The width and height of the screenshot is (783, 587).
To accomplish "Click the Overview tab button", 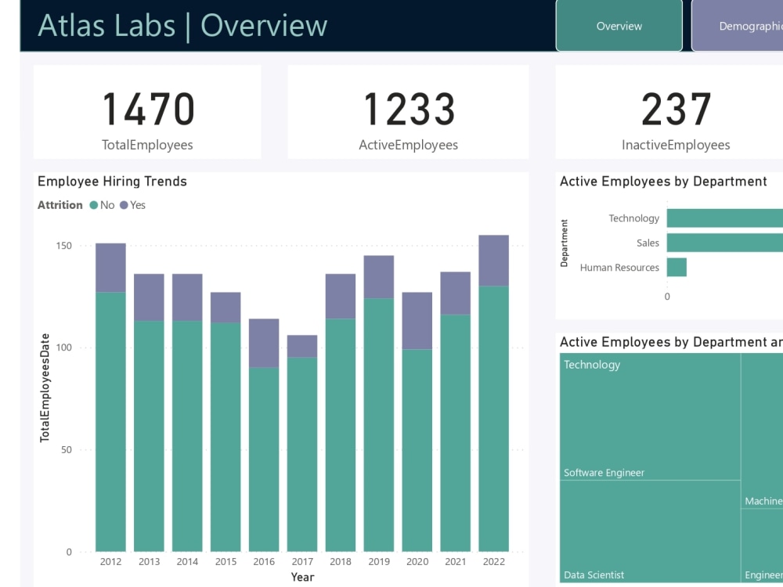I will (x=619, y=26).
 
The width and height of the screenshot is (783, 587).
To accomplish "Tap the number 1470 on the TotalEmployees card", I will (x=148, y=110).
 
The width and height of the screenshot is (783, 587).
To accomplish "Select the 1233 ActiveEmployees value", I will (x=408, y=110).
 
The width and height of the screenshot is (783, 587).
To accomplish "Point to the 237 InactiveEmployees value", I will (x=676, y=110).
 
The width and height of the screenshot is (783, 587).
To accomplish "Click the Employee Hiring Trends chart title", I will (x=112, y=182).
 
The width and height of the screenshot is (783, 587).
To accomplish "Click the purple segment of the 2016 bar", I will (x=264, y=343).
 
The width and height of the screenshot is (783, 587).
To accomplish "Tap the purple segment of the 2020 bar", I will (x=417, y=320).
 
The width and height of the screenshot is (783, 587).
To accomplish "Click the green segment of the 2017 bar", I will (x=302, y=454).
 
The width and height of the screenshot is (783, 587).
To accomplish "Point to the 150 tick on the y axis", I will (x=63, y=246).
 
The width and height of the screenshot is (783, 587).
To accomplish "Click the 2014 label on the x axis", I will (x=187, y=561).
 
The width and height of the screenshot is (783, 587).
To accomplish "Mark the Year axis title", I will (x=302, y=577).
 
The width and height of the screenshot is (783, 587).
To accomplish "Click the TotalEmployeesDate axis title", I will (x=45, y=387).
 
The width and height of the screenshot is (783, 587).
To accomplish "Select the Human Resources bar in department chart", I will (x=677, y=268).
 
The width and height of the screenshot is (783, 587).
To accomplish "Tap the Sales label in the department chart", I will (x=648, y=243).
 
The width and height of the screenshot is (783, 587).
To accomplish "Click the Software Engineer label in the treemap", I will (x=604, y=473).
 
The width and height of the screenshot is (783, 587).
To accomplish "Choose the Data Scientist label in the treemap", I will (x=594, y=575).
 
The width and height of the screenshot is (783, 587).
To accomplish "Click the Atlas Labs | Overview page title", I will (x=182, y=26).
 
